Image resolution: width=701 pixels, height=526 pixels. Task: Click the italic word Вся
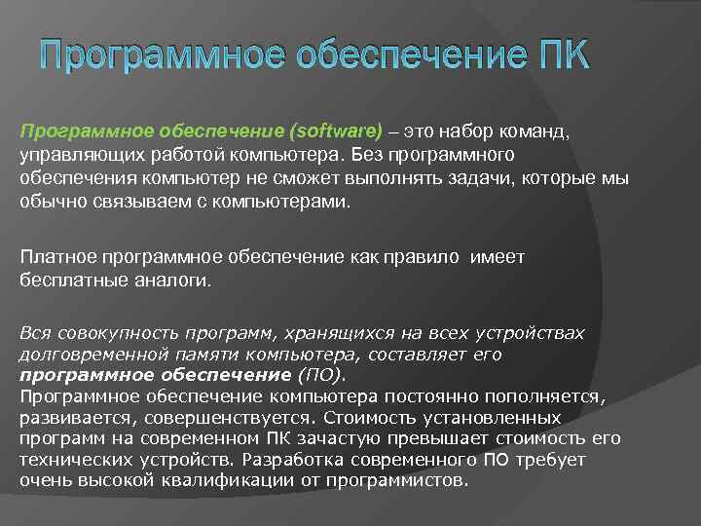point(35,333)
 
